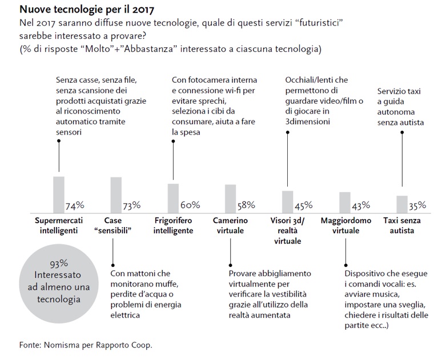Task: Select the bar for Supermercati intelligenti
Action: (x=59, y=193)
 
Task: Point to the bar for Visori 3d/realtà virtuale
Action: (x=287, y=201)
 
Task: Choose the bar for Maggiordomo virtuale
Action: (x=344, y=201)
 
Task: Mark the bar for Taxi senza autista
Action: (x=402, y=204)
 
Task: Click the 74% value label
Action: (x=75, y=205)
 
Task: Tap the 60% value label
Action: (x=190, y=205)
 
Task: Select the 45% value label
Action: (x=303, y=205)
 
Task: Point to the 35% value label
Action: (x=417, y=205)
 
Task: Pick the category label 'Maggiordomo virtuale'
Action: (x=346, y=226)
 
